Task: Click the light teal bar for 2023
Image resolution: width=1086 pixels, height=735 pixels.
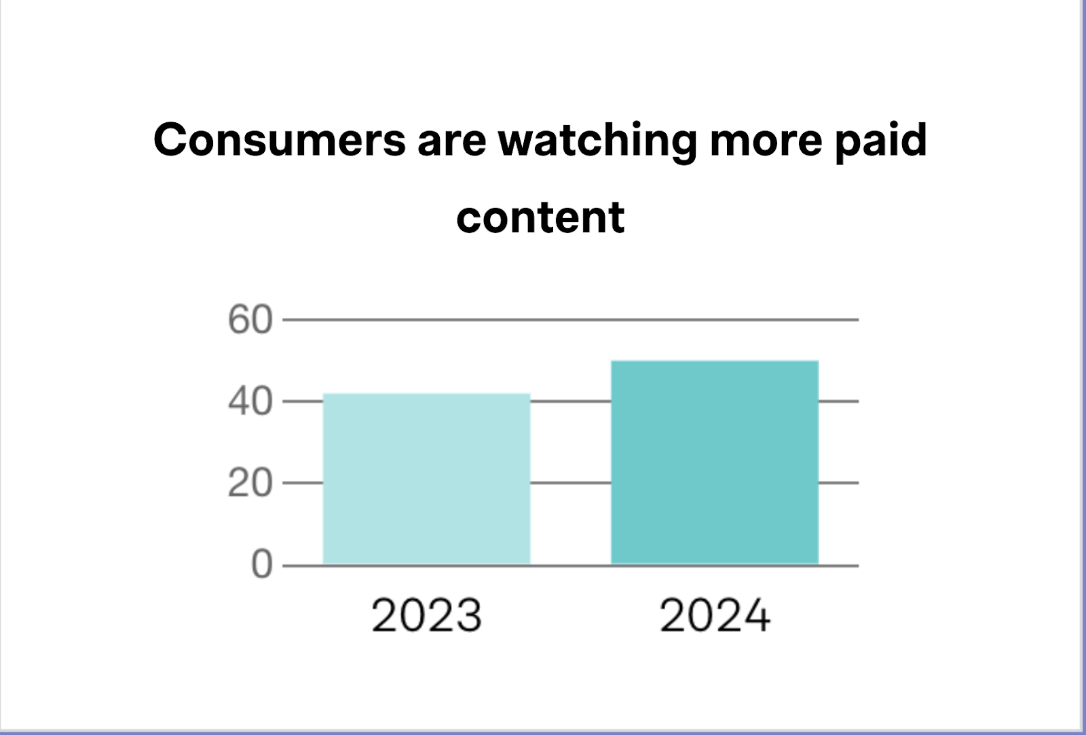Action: pyautogui.click(x=426, y=479)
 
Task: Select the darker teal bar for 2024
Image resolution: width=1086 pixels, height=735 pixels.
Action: pyautogui.click(x=715, y=462)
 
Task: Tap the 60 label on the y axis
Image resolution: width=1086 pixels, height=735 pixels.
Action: pyautogui.click(x=250, y=319)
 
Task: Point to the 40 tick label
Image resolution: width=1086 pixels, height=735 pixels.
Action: pyautogui.click(x=250, y=401)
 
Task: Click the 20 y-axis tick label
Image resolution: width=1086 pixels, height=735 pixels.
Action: pyautogui.click(x=250, y=484)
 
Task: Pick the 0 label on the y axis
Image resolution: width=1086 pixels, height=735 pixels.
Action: pyautogui.click(x=261, y=564)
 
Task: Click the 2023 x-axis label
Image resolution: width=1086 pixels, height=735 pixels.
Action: pyautogui.click(x=426, y=615)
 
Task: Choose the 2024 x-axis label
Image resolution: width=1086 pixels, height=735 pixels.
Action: pyautogui.click(x=715, y=615)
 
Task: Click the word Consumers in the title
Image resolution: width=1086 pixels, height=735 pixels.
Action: pyautogui.click(x=279, y=140)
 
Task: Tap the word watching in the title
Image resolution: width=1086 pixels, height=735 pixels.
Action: pyautogui.click(x=597, y=140)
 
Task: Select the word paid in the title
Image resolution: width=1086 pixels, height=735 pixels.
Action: pyautogui.click(x=880, y=140)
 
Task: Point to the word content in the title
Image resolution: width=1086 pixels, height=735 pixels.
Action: pyautogui.click(x=540, y=217)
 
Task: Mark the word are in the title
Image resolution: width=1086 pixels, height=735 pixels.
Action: pyautogui.click(x=451, y=140)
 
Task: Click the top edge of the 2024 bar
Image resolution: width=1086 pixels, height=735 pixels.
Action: pyautogui.click(x=715, y=361)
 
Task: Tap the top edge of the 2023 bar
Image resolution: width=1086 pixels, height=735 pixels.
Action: pyautogui.click(x=426, y=394)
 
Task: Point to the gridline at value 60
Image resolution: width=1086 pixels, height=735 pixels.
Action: pyautogui.click(x=570, y=319)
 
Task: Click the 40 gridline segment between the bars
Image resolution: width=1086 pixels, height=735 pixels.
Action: pyautogui.click(x=570, y=401)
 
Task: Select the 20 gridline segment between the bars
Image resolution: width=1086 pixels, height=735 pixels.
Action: pyautogui.click(x=570, y=483)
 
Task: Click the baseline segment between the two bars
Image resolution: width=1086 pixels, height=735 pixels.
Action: pyautogui.click(x=570, y=565)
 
